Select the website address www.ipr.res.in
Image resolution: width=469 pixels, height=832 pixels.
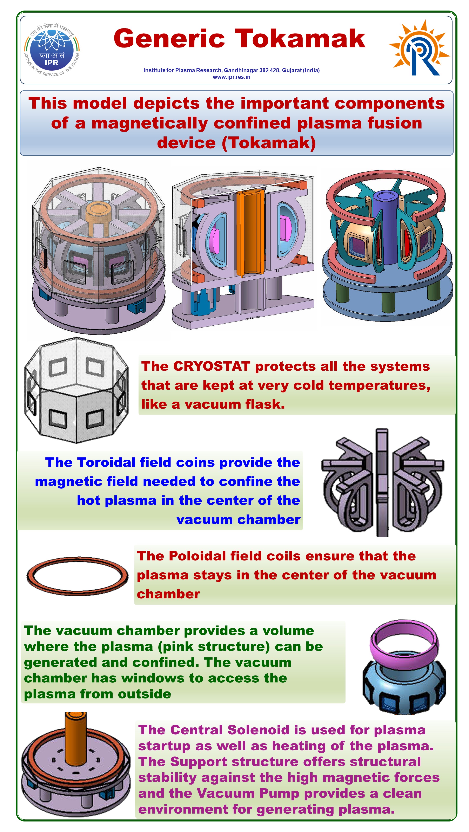pyautogui.click(x=232, y=77)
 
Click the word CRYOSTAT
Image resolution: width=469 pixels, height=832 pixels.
pyautogui.click(x=212, y=366)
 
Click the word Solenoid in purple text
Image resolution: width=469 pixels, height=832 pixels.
pyautogui.click(x=258, y=730)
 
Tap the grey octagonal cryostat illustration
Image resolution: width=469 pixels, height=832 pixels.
pyautogui.click(x=76, y=390)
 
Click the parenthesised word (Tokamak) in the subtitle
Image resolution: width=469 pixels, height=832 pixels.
pyautogui.click(x=269, y=143)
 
